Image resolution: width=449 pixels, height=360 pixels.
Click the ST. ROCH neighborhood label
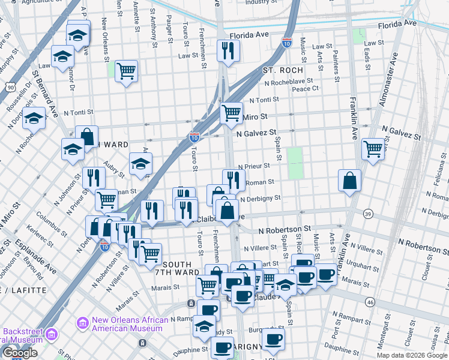[283, 70]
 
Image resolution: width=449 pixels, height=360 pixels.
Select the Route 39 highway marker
[367, 214]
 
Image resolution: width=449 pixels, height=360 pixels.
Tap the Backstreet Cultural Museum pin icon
[52, 334]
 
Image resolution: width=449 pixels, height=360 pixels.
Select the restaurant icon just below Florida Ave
[228, 51]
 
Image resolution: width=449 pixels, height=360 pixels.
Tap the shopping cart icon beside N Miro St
[231, 112]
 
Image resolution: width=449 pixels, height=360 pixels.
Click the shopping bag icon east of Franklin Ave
[349, 179]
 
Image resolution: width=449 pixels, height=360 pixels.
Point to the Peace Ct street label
[305, 89]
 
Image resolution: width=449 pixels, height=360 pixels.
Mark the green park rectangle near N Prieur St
[294, 164]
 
